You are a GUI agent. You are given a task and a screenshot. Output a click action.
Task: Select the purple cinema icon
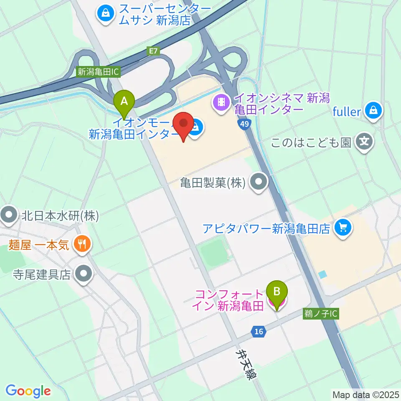pos(221,103)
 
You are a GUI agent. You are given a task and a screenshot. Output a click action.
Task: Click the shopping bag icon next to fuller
pos(371,111)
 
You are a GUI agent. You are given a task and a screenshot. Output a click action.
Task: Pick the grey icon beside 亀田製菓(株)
pos(259,183)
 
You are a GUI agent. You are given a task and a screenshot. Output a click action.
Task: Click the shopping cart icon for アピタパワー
pos(344,228)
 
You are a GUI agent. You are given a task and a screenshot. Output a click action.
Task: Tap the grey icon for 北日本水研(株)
pos(9,216)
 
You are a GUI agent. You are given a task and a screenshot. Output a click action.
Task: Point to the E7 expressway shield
pos(153,51)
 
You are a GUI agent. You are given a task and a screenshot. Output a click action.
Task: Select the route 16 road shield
pos(259,332)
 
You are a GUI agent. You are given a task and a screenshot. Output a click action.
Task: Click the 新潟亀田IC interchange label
pos(99,72)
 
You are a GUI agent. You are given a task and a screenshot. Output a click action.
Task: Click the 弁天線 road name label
pos(244,363)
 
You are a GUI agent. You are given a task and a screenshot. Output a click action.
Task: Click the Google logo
pos(28,391)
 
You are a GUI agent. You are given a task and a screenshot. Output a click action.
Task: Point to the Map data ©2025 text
pos(365,394)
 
